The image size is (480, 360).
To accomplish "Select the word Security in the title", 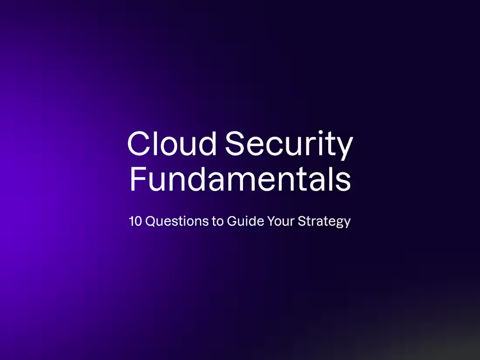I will coord(289,144).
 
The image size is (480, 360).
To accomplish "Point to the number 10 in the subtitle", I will coord(135,221).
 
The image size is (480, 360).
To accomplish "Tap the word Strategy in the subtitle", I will coord(324,222).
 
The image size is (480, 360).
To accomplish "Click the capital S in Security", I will coord(238,144).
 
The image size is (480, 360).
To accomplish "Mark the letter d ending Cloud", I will coord(206,144).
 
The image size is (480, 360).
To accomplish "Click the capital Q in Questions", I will coord(151,221).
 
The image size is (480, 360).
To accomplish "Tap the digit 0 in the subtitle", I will coord(138,221).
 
